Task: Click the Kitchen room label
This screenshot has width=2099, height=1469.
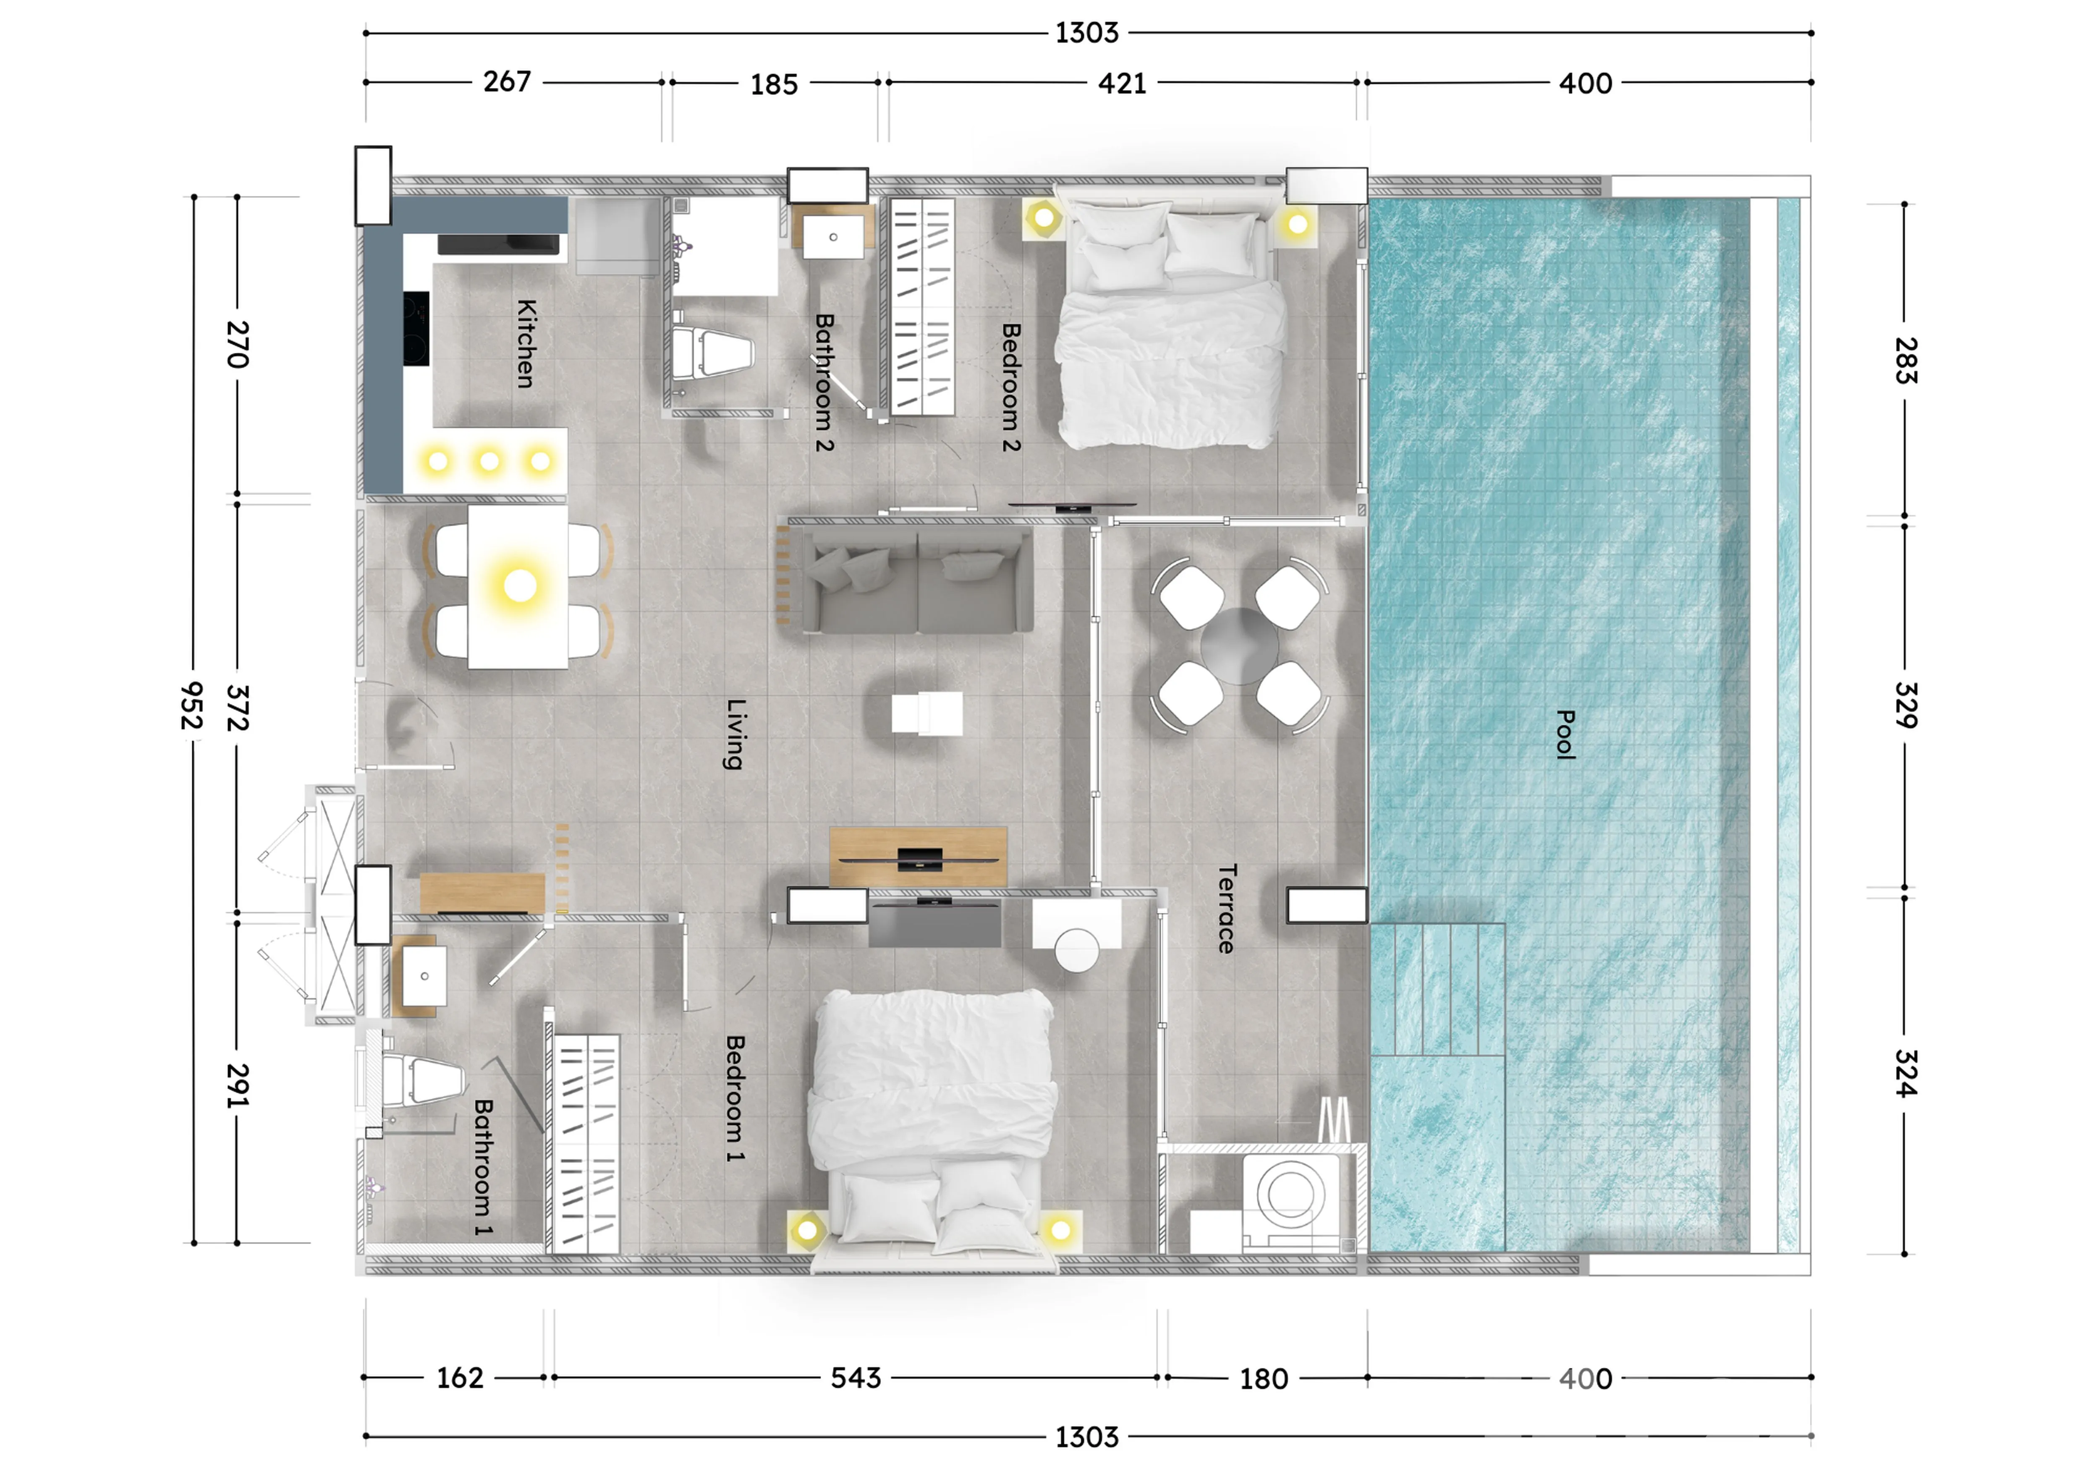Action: click(x=526, y=344)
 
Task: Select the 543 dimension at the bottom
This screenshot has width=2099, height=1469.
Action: click(x=856, y=1378)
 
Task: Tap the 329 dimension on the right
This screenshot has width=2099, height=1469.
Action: click(x=1906, y=705)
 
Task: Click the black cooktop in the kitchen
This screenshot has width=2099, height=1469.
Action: click(x=416, y=328)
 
